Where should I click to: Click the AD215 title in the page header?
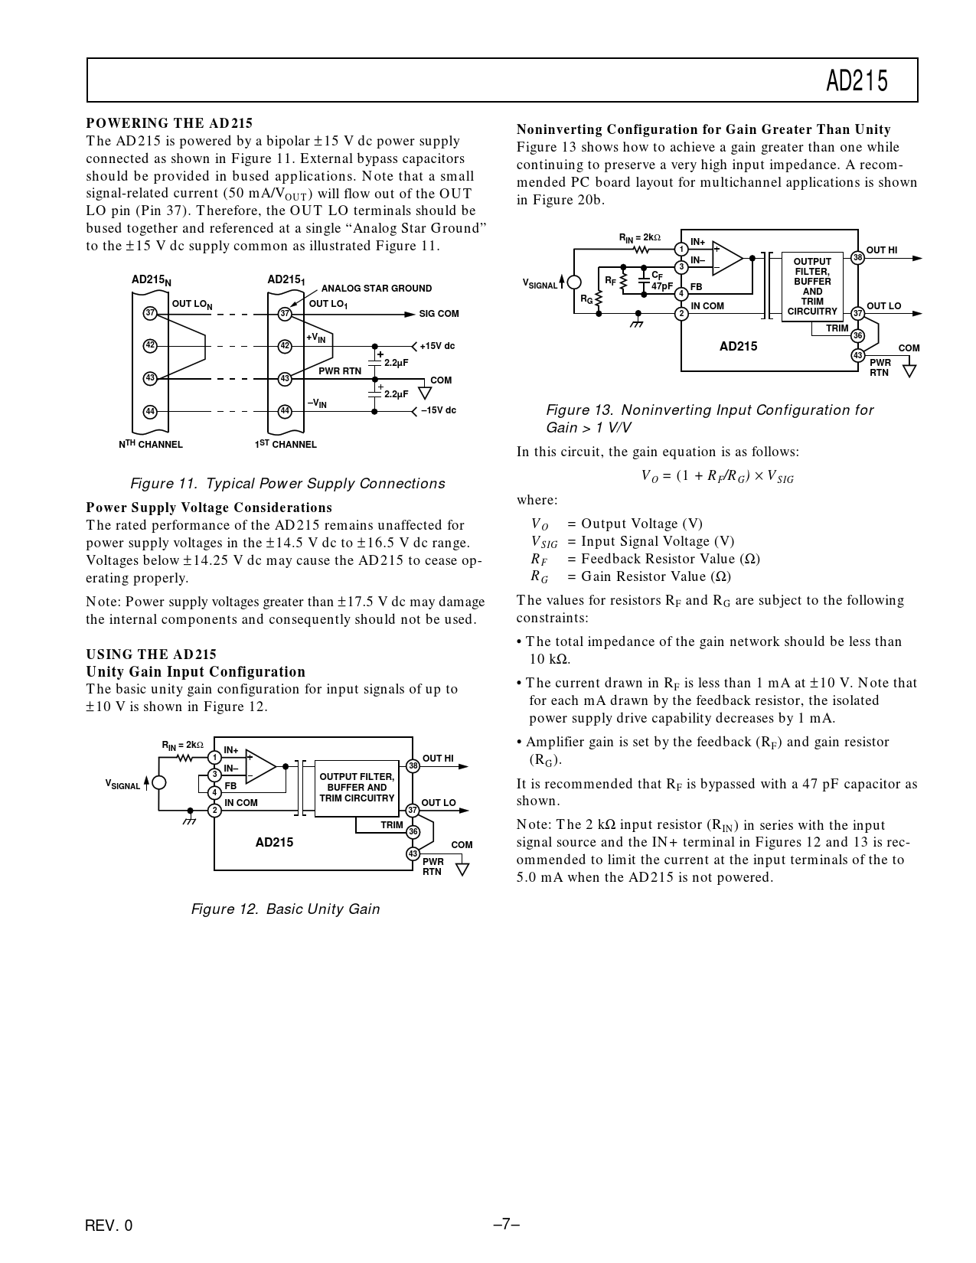point(857,81)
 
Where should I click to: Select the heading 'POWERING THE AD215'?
point(169,123)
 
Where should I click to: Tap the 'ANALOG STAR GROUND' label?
point(377,289)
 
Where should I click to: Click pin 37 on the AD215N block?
point(150,313)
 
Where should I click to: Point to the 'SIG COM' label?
point(439,314)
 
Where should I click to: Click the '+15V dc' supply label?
point(437,346)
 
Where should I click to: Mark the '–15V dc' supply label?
point(438,410)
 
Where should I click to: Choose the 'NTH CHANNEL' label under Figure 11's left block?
point(151,444)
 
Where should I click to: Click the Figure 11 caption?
point(287,484)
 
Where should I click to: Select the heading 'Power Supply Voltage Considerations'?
point(209,507)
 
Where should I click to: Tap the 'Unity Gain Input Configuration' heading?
point(196,672)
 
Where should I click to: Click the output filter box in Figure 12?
point(357,788)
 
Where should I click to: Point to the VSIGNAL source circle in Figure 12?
point(158,782)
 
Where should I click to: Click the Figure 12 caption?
point(285,909)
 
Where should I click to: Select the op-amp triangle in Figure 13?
point(726,258)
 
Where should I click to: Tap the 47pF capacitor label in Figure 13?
point(661,286)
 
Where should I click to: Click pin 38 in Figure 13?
point(858,258)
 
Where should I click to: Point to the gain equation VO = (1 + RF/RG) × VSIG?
point(717,476)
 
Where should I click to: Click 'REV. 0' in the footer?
point(109,1225)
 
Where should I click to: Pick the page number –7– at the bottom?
point(507,1224)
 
